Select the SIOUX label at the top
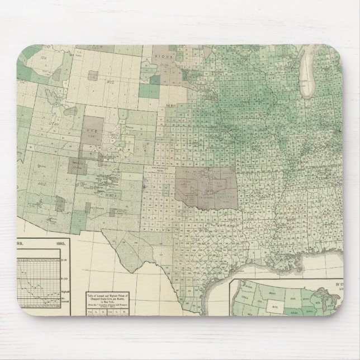point(163,56)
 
